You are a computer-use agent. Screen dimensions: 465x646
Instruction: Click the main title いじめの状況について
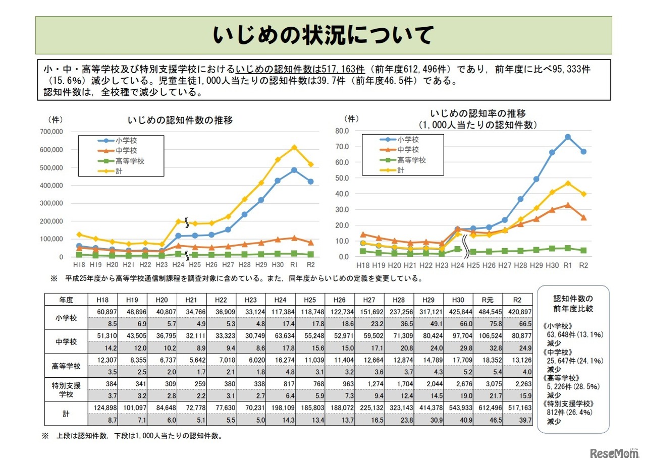pyautogui.click(x=323, y=35)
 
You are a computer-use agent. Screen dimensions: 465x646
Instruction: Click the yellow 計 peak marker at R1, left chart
pyautogui.click(x=294, y=148)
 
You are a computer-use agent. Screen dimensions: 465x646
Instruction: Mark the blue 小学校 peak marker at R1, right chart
pyautogui.click(x=568, y=137)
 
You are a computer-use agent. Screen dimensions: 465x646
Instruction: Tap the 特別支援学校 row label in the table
pyautogui.click(x=66, y=389)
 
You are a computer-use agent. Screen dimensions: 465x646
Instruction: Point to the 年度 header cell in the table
pyautogui.click(x=66, y=300)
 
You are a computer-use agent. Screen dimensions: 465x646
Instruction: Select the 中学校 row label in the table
pyautogui.click(x=66, y=341)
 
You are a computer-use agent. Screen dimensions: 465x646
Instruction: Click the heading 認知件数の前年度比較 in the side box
pyautogui.click(x=573, y=303)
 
